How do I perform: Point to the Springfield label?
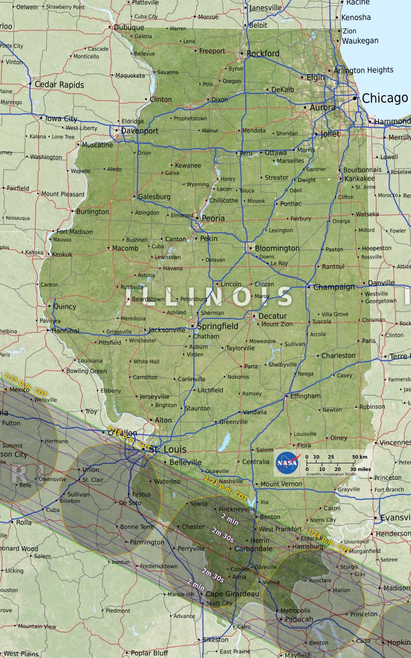[x=217, y=326]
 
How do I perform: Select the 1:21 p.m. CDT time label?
[x=226, y=488]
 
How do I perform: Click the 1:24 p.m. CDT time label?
[x=328, y=541]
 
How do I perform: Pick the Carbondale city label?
[x=253, y=549]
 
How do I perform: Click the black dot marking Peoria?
[x=197, y=218]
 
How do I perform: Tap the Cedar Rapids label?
[x=59, y=85]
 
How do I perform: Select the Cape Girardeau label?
[x=232, y=594]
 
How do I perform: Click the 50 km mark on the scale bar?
[x=360, y=457]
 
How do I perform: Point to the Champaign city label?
[x=334, y=287]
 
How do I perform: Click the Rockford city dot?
[x=241, y=53]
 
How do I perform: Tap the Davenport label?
[x=140, y=131]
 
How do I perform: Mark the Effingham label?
[x=305, y=396]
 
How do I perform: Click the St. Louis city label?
[x=168, y=449]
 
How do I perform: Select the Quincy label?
[x=65, y=306]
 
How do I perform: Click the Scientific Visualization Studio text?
[x=331, y=474]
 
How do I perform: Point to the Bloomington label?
[x=277, y=248]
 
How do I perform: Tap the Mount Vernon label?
[x=281, y=484]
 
